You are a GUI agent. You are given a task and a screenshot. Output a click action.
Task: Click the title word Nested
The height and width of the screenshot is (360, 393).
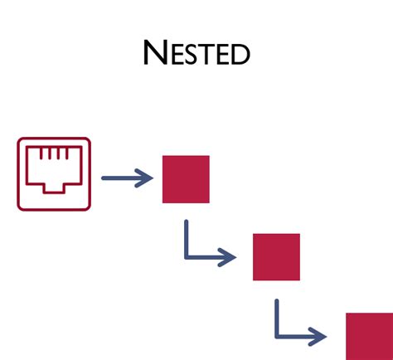click(196, 54)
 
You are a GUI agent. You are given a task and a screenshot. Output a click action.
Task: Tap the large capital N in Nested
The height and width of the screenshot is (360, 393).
click(156, 52)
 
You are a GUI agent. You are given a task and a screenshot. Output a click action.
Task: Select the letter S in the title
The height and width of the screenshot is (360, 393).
click(196, 56)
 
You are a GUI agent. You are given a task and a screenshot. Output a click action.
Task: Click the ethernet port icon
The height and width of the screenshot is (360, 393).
click(54, 174)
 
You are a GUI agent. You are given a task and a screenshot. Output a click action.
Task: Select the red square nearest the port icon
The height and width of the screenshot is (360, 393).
click(186, 179)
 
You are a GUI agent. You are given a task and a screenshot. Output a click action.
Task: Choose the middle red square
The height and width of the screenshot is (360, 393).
click(276, 257)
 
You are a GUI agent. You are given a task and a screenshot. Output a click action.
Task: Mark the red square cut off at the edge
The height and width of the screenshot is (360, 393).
click(369, 336)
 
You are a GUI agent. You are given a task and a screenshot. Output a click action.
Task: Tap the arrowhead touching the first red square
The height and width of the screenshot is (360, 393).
click(148, 178)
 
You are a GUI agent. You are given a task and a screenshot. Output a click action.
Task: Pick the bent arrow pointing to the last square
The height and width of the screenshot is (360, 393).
click(297, 326)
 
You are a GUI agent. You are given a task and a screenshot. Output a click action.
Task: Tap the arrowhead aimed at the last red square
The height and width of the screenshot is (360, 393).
click(320, 336)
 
